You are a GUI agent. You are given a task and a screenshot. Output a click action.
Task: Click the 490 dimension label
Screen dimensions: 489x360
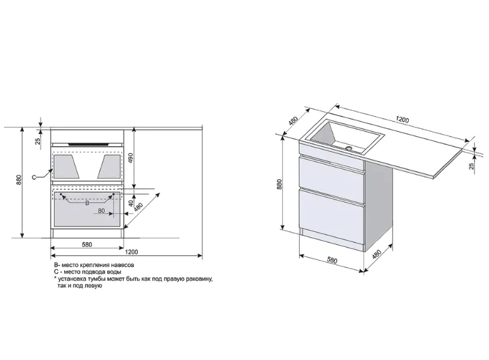point(131,158)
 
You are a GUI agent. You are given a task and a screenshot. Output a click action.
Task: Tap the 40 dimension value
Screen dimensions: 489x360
point(131,203)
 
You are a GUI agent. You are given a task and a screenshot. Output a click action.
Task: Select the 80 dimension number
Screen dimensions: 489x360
point(101,211)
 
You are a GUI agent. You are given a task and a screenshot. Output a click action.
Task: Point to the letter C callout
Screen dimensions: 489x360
point(34,177)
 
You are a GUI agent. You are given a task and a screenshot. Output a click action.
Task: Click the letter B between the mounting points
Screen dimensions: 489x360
point(87,203)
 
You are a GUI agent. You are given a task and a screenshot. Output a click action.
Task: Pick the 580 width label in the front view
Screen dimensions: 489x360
point(87,244)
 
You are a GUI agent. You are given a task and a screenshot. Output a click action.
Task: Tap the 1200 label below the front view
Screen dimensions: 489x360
point(131,252)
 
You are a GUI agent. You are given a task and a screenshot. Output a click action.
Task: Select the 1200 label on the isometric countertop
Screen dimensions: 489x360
point(402,119)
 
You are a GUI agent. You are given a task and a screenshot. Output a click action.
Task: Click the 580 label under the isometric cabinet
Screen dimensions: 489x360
point(332,260)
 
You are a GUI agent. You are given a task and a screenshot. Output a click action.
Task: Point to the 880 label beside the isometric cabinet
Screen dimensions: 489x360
point(279,184)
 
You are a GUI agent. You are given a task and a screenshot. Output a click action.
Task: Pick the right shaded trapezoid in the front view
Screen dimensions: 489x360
point(109,167)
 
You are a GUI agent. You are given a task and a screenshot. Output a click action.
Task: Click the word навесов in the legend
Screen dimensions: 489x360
point(123,265)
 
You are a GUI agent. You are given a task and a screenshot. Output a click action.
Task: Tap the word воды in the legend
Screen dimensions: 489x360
point(114,272)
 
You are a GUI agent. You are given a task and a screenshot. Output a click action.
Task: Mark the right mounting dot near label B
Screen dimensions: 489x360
point(114,194)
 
